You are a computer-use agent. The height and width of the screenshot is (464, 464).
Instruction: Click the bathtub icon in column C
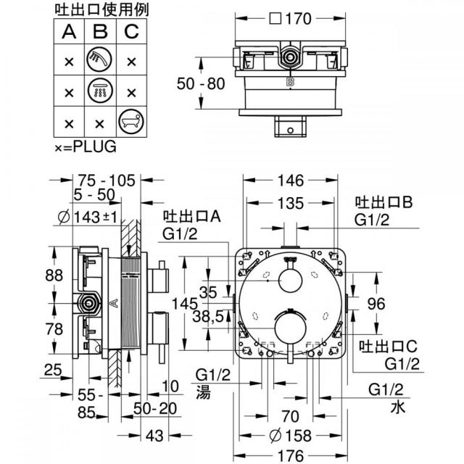tap(131, 122)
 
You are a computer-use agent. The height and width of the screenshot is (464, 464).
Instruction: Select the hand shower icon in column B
tap(100, 59)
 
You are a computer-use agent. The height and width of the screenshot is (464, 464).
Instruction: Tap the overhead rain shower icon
tap(100, 91)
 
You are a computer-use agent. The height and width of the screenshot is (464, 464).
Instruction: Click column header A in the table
tap(69, 32)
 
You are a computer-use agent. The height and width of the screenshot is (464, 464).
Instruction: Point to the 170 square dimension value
tap(290, 19)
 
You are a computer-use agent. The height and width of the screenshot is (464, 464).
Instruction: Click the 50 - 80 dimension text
tap(201, 84)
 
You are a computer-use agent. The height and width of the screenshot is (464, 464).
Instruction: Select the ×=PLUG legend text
tap(86, 146)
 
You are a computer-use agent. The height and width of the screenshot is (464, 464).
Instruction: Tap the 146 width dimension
tap(291, 181)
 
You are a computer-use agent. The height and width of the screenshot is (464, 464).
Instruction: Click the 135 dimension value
tap(291, 204)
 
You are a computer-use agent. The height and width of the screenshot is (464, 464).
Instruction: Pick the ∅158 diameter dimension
tap(291, 436)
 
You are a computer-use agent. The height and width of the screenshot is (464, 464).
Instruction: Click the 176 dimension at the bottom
tap(291, 456)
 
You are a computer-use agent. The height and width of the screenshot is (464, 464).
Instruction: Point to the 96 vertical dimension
tap(376, 304)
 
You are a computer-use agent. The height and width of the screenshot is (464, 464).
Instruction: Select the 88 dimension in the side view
tap(54, 275)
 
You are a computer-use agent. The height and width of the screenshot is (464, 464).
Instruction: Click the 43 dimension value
tap(154, 436)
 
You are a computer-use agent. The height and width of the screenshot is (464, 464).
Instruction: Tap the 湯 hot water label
tap(204, 392)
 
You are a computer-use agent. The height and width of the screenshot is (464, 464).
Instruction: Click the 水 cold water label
tap(398, 407)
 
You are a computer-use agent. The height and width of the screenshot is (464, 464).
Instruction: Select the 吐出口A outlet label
tap(191, 217)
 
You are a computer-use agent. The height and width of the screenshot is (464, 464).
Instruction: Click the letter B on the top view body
tap(290, 82)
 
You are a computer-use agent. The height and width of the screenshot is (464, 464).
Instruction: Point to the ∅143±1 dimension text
tap(88, 217)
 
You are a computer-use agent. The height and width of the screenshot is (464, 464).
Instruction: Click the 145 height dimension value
tap(185, 304)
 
